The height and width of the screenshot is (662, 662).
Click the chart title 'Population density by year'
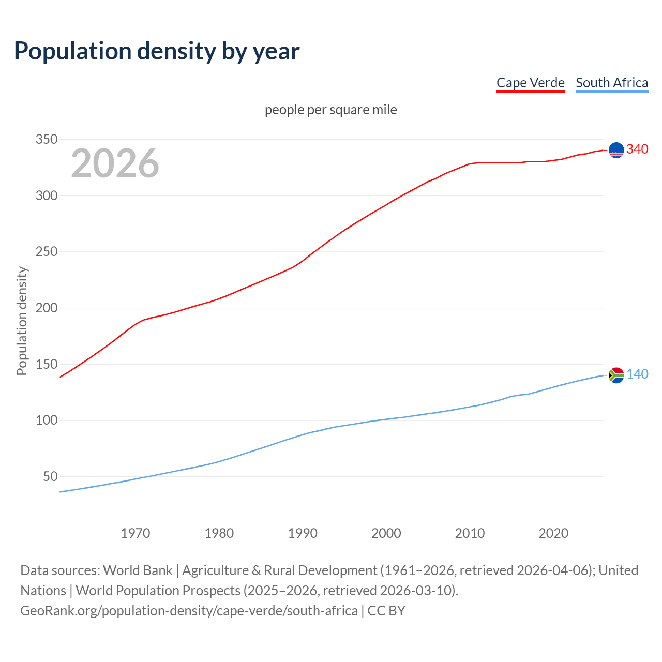pyautogui.click(x=157, y=51)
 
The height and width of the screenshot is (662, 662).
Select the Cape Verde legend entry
pyautogui.click(x=530, y=83)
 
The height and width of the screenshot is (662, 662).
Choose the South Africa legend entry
pyautogui.click(x=611, y=83)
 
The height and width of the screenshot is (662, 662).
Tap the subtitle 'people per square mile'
pyautogui.click(x=330, y=110)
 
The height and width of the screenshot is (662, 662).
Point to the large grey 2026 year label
pyautogui.click(x=115, y=163)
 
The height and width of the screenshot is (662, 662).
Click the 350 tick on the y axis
pyautogui.click(x=46, y=140)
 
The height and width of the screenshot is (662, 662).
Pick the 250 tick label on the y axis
pyautogui.click(x=46, y=252)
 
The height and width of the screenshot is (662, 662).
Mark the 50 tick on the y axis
pyautogui.click(x=50, y=476)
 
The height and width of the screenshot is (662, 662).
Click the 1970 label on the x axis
pyautogui.click(x=136, y=533)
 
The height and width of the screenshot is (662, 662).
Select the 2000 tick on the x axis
pyautogui.click(x=386, y=533)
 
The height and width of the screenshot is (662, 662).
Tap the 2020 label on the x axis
pyautogui.click(x=553, y=533)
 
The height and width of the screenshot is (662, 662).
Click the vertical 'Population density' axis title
pyautogui.click(x=22, y=321)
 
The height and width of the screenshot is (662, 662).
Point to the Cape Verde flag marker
pyautogui.click(x=616, y=150)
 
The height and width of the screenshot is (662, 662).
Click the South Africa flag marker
pyautogui.click(x=616, y=375)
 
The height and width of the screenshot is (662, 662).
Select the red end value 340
pyautogui.click(x=637, y=149)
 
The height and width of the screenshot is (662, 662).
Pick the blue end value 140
pyautogui.click(x=637, y=374)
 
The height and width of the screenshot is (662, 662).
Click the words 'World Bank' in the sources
pyautogui.click(x=138, y=570)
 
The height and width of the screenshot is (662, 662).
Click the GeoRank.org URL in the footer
pyautogui.click(x=189, y=611)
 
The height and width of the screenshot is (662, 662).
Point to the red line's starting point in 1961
pyautogui.click(x=61, y=377)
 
